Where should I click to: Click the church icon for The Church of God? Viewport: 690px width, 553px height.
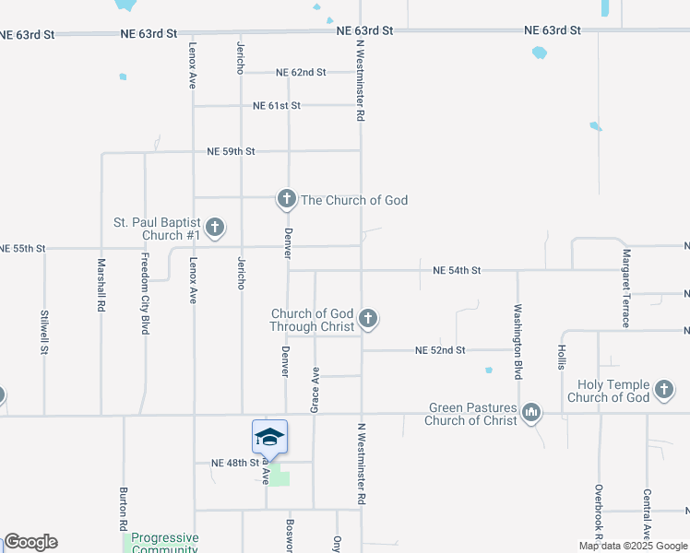[x=287, y=198]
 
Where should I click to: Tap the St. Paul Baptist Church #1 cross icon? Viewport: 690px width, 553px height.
[x=215, y=227]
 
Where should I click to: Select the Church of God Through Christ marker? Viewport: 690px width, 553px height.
[x=368, y=319]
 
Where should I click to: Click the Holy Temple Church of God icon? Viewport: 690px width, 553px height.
[x=664, y=390]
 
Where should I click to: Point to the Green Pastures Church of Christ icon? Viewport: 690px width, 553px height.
[x=530, y=413]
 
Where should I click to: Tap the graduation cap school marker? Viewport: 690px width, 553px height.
[x=269, y=437]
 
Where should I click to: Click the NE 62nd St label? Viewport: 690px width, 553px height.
[x=302, y=72]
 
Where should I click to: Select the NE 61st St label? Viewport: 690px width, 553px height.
[x=277, y=106]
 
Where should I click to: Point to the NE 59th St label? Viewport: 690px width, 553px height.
[x=231, y=151]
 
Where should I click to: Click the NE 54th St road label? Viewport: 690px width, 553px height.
[x=457, y=270]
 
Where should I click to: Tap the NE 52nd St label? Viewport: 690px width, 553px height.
[x=440, y=350]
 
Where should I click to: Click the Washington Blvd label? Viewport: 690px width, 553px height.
[x=517, y=329]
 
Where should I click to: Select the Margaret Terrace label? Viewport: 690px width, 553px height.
[x=626, y=288]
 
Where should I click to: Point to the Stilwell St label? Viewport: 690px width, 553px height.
[x=44, y=333]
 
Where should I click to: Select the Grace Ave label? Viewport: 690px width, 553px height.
[x=315, y=389]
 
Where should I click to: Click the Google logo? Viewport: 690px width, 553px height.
[x=30, y=542]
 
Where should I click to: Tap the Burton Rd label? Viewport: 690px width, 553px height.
[x=123, y=509]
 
